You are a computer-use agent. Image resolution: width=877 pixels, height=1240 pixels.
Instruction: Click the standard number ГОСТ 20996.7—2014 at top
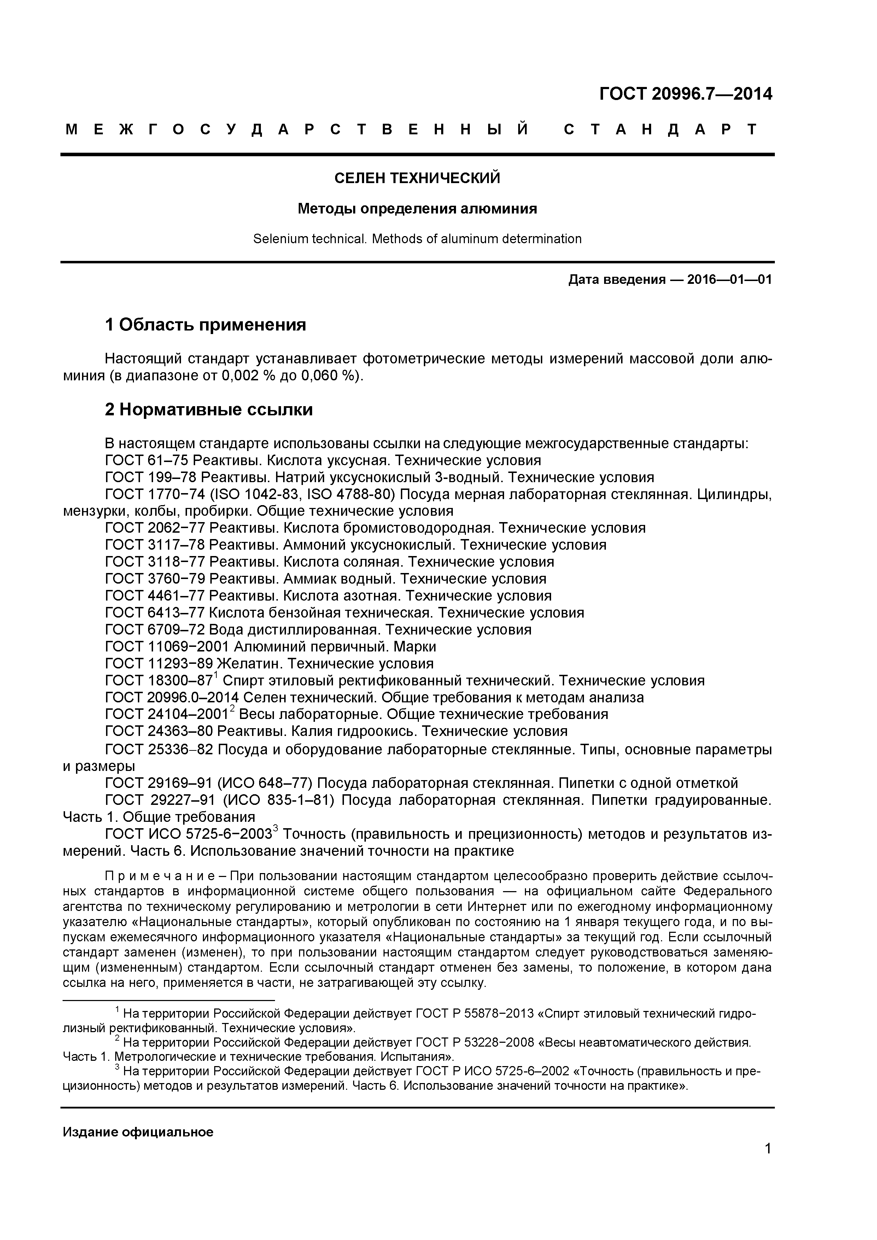click(x=685, y=94)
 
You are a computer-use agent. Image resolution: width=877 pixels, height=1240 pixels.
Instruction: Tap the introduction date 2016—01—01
click(x=729, y=280)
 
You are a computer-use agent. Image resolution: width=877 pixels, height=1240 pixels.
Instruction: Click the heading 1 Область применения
click(x=205, y=324)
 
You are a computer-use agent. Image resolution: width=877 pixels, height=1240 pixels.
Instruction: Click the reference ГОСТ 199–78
click(x=151, y=478)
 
